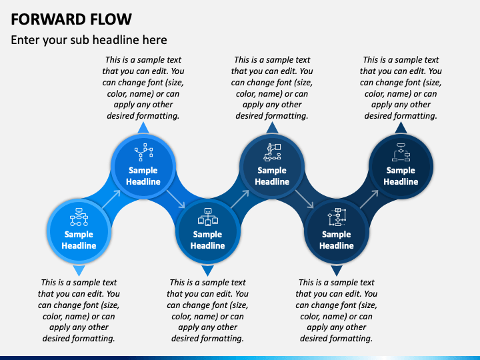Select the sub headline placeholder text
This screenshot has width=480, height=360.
click(89, 40)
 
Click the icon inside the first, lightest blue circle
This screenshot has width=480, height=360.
click(79, 217)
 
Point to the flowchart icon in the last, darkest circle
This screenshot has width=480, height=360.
click(401, 152)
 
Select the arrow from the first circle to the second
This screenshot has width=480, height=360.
click(111, 199)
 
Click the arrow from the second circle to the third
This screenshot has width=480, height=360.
click(176, 199)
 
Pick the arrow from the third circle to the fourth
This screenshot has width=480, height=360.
click(240, 199)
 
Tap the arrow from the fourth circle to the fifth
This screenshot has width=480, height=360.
click(305, 199)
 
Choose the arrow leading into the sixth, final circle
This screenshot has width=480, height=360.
click(369, 199)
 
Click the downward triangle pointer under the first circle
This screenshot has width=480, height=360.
click(79, 270)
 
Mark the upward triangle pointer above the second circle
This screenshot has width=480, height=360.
click(143, 128)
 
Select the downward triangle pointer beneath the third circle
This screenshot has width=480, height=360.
click(207, 270)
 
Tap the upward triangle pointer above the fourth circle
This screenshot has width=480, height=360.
click(272, 128)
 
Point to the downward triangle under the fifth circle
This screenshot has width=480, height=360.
click(337, 270)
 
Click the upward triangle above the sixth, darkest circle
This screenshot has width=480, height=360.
click(401, 128)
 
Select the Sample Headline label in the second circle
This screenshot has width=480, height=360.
click(143, 176)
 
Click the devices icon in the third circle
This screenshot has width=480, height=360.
click(208, 217)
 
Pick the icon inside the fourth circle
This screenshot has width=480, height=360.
click(272, 152)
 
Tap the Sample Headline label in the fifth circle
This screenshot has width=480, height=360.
click(337, 240)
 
